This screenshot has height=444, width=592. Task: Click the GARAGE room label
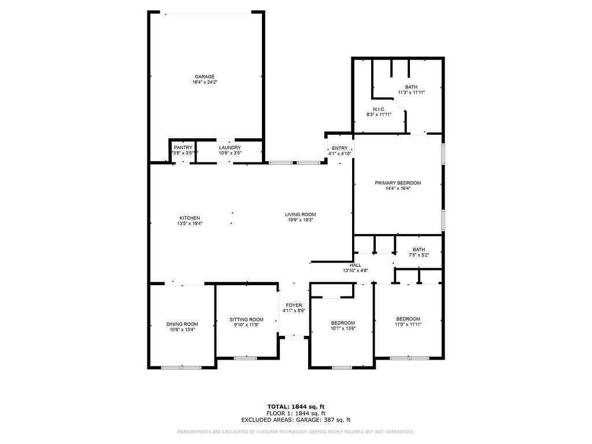coord(205,77)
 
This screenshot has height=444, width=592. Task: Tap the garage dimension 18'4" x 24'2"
coord(205,83)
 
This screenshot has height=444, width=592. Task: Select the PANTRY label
coord(183,148)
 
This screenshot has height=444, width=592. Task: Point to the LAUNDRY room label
coord(230,148)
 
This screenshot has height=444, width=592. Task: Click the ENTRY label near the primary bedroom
coord(340,149)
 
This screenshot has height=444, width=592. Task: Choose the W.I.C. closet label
coord(379,109)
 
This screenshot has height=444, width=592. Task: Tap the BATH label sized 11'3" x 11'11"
coord(411,87)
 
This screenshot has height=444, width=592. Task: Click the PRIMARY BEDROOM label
coord(398,183)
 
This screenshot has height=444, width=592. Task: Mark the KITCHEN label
coord(189,218)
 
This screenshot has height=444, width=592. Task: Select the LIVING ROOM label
coord(300,214)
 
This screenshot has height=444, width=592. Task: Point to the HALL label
coord(356,265)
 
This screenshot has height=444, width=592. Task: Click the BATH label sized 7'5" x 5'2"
coord(419,250)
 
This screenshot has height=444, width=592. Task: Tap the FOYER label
coord(294,305)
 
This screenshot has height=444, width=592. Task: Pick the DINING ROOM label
coord(182,324)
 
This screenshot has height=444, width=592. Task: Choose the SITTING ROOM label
coord(246,320)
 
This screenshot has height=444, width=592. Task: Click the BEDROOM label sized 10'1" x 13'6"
coord(343,323)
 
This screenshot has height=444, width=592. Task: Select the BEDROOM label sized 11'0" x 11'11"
coord(408,319)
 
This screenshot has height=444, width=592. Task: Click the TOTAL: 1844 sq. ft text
coord(295,406)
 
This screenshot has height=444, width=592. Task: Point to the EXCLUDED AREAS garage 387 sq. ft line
coord(295,420)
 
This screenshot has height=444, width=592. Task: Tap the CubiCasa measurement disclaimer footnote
coord(295,431)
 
